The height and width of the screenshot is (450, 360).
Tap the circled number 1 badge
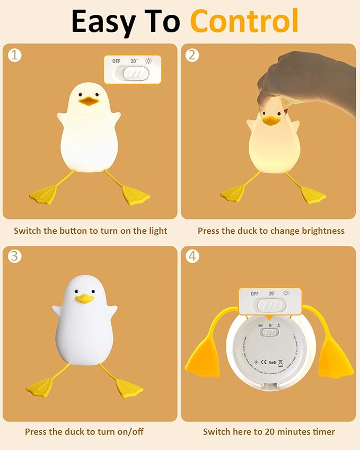tap(15, 55)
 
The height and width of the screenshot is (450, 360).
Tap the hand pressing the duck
tap(302, 85)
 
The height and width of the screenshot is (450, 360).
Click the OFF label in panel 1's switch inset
tap(116, 61)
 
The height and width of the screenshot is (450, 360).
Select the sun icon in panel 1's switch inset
tap(148, 61)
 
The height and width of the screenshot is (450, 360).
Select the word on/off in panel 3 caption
tap(130, 431)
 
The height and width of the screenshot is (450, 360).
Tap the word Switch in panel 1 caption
tap(27, 231)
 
